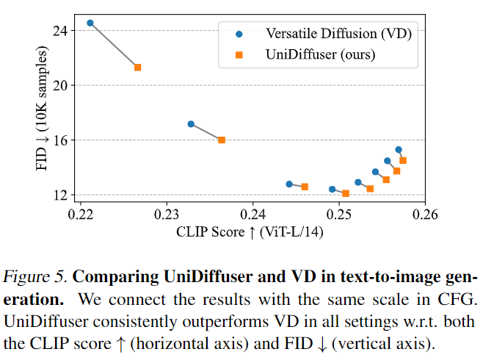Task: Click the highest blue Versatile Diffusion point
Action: [x=90, y=23]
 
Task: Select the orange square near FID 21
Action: [x=137, y=67]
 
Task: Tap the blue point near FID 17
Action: [x=191, y=123]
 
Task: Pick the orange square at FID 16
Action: [x=222, y=140]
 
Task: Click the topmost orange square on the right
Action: [x=402, y=160]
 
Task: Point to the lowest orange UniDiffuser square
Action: [x=346, y=193]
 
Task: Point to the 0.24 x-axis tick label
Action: [x=253, y=215]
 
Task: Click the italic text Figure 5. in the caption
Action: [x=35, y=278]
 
